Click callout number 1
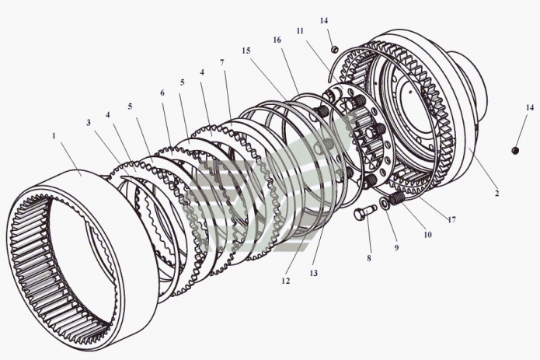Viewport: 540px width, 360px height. [x=54, y=135]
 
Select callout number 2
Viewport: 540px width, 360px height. [x=496, y=193]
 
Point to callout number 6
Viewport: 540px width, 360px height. [x=162, y=93]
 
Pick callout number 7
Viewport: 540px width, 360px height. [x=222, y=61]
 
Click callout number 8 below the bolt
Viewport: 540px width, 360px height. [x=369, y=258]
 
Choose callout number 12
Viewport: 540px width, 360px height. [x=286, y=281]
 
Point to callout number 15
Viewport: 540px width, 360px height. [x=246, y=51]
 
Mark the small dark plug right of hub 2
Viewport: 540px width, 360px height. [x=514, y=149]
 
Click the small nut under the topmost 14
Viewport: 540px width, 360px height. [x=335, y=50]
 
